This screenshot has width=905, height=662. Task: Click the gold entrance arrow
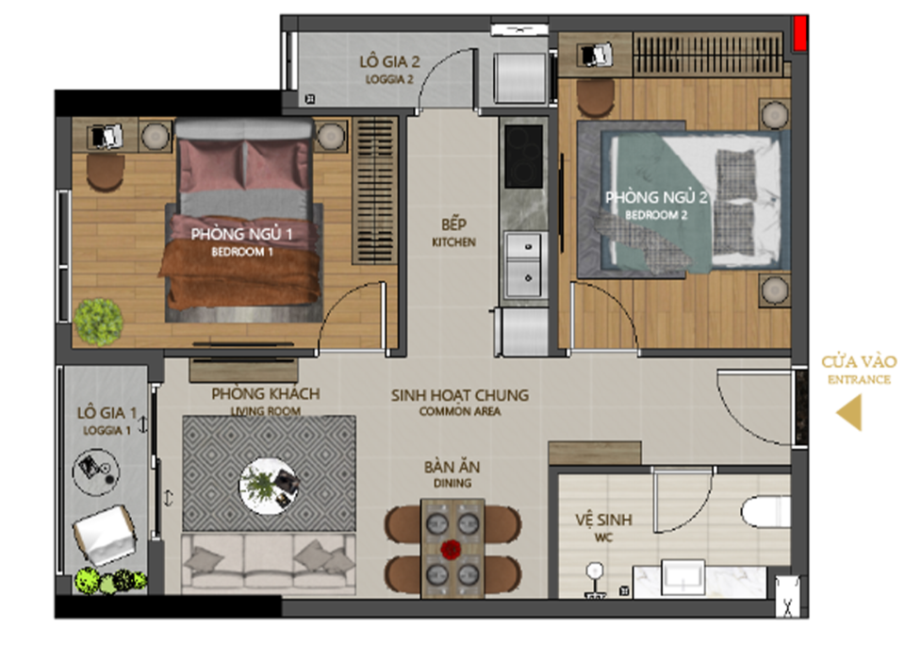click(x=852, y=412)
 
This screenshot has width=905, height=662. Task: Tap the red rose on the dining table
click(x=451, y=549)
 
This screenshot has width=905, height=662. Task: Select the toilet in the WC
click(x=765, y=511)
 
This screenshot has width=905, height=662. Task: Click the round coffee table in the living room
click(x=268, y=486)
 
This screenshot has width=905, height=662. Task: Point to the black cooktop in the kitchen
click(x=523, y=156)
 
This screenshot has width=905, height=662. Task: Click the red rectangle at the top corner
click(x=800, y=33)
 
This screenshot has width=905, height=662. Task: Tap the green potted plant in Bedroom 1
click(x=98, y=322)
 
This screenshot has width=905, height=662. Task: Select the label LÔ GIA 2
click(x=389, y=61)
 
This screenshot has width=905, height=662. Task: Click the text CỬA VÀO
click(x=859, y=362)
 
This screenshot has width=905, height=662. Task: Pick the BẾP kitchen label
click(x=454, y=223)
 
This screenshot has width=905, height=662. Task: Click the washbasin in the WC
click(x=683, y=576)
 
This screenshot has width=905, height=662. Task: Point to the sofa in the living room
click(x=269, y=564)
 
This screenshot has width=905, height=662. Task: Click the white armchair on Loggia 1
click(x=105, y=534)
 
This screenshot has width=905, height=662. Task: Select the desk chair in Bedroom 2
click(x=596, y=97)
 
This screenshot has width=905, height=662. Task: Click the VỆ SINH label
click(x=603, y=520)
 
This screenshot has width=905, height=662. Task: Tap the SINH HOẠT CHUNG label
click(x=460, y=395)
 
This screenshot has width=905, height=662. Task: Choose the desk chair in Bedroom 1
click(x=105, y=172)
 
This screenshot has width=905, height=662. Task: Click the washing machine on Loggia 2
click(x=520, y=78)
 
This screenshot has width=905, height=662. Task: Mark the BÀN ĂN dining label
click(x=452, y=467)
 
